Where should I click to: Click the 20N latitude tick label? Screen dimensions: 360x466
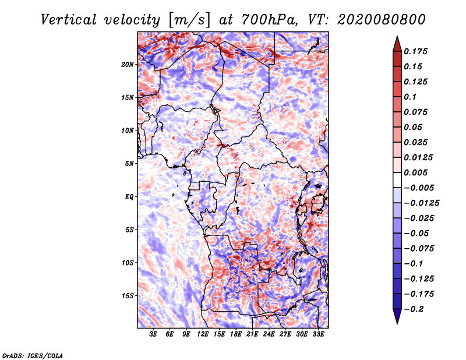tap(128, 64)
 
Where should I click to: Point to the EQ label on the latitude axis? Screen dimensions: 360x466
tap(129, 196)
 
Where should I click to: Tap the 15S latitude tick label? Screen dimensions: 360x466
tap(128, 295)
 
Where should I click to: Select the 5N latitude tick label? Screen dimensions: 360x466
tap(129, 163)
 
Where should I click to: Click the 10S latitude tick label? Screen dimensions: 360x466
tap(128, 262)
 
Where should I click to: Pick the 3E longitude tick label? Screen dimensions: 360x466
tap(154, 334)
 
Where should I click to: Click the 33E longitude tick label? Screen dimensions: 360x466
tap(318, 334)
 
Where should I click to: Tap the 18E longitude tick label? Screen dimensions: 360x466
tap(236, 334)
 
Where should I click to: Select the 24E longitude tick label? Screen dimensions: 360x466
tap(269, 334)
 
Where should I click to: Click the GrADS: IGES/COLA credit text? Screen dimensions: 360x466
tap(32, 355)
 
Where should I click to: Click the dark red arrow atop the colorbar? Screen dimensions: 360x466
tap(397, 43)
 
